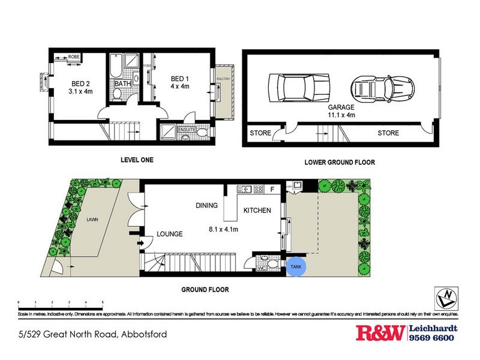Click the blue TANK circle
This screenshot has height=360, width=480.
point(296,266)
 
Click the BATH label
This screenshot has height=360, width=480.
point(123,85)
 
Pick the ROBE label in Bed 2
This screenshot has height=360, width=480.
point(74,56)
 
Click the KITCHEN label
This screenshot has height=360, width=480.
point(257,211)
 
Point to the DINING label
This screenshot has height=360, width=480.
point(206,206)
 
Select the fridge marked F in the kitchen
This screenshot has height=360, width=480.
point(273,189)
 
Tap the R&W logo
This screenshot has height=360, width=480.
point(380,333)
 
